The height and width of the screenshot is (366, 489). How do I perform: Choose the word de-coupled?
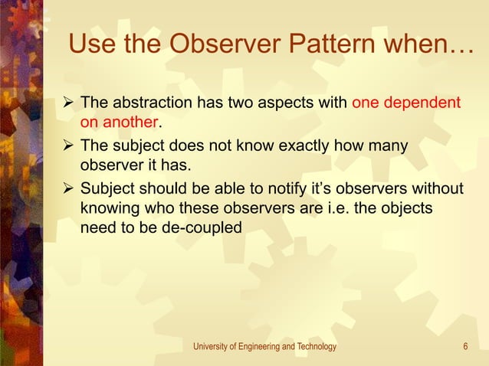tap(195, 227)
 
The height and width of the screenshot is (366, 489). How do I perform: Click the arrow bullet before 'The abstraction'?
tap(67, 103)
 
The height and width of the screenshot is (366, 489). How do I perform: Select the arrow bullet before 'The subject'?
tap(67, 145)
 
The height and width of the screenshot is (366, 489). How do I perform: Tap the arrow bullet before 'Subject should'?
tap(67, 188)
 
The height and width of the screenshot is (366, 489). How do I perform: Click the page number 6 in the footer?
tap(465, 347)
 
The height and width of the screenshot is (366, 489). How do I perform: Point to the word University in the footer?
tap(210, 347)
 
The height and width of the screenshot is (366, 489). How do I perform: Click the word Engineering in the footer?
tap(260, 347)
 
